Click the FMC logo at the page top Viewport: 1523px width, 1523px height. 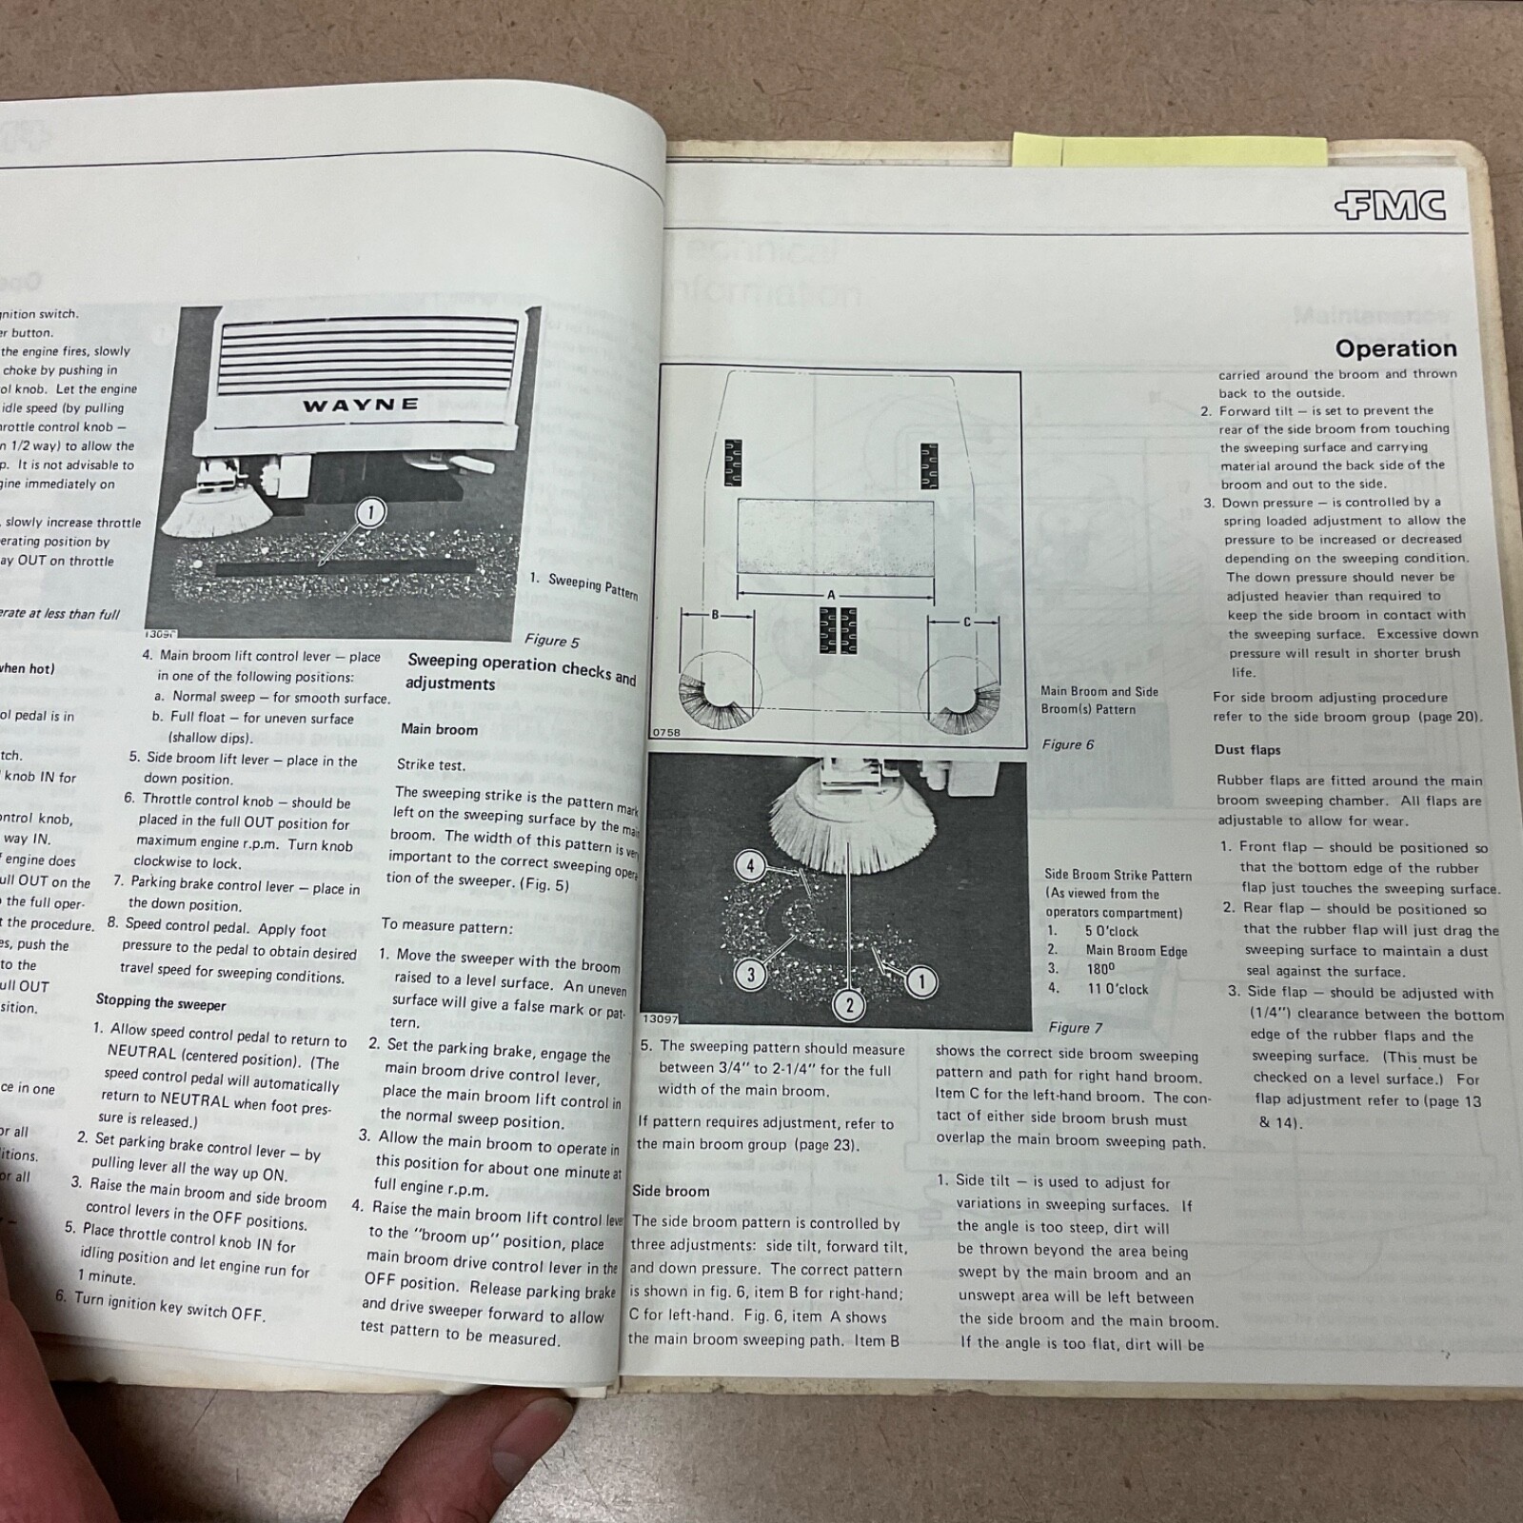pos(1391,206)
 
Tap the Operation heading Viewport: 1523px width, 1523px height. pos(1395,348)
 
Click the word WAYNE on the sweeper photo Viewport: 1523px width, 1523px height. pos(361,405)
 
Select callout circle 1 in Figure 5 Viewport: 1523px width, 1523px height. pos(370,513)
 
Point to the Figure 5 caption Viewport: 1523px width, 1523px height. pos(551,641)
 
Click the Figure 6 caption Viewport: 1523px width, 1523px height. pos(1068,744)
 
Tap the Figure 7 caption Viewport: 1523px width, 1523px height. pos(1075,1027)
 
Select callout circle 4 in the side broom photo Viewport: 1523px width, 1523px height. pos(751,865)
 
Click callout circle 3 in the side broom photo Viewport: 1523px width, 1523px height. pos(751,974)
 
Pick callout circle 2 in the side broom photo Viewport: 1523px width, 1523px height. pos(849,1004)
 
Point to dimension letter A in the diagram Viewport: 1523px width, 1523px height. pos(831,595)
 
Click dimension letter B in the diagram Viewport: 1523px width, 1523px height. pos(717,615)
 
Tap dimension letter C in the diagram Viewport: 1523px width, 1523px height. pos(967,622)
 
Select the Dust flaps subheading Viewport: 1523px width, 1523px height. pos(1247,749)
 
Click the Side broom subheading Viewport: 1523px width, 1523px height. pos(670,1191)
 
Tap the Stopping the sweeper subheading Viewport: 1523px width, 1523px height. pos(161,1002)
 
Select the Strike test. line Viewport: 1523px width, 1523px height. pos(430,764)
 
